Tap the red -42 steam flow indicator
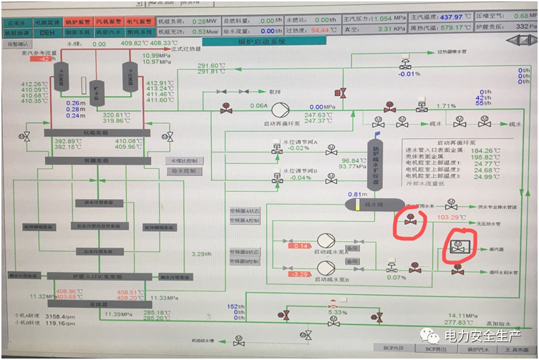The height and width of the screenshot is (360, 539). click(43, 59)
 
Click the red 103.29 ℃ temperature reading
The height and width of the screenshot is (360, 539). click(452, 217)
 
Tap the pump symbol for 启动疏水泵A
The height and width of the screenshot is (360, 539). click(326, 243)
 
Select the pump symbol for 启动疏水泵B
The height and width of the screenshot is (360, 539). click(326, 271)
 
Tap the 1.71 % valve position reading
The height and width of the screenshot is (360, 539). click(447, 107)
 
